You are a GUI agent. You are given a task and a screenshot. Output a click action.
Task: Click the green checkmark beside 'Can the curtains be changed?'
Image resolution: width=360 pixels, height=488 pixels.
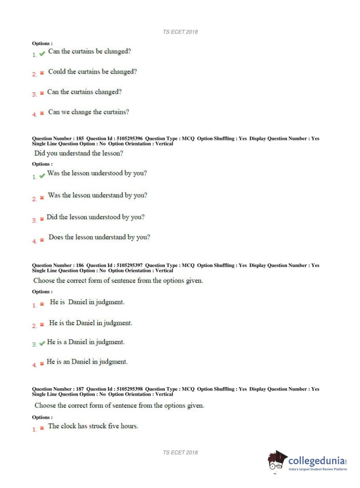(x=42, y=54)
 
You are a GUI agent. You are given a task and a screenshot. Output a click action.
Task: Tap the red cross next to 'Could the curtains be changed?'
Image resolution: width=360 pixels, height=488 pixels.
(x=42, y=73)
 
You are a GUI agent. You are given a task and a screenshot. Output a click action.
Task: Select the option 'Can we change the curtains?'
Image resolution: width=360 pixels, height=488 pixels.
(x=88, y=112)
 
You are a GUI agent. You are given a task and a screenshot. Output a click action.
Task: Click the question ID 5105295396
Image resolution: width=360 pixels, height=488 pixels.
(x=129, y=139)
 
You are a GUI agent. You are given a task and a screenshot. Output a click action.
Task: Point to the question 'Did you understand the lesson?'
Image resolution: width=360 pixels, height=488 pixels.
(x=79, y=153)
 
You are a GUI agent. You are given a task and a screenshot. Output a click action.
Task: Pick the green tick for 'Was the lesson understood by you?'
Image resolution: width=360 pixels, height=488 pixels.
(x=42, y=176)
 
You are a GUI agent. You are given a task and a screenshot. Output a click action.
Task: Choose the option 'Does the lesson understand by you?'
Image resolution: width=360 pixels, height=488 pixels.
(x=99, y=237)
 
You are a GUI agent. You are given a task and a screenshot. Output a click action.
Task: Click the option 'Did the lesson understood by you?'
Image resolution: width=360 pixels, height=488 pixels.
(x=96, y=217)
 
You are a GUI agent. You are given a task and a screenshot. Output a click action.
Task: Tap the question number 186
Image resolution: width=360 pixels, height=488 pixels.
(x=80, y=266)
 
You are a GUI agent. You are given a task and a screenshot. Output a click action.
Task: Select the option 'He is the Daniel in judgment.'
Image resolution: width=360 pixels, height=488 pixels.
(x=91, y=323)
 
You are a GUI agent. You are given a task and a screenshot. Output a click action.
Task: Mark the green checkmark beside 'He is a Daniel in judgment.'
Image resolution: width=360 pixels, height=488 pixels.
(x=42, y=343)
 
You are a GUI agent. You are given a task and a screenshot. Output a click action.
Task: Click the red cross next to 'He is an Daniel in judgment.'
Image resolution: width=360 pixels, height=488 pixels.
(x=42, y=364)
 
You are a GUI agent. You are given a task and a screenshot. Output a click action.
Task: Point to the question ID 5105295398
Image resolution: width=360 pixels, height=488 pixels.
(x=129, y=389)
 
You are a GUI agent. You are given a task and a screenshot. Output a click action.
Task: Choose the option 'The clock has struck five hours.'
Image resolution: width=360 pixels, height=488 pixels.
(x=93, y=426)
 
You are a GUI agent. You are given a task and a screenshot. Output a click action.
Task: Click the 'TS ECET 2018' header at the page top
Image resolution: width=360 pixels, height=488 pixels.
(x=180, y=32)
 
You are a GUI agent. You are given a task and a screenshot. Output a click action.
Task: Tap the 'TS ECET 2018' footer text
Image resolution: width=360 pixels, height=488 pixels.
(x=180, y=453)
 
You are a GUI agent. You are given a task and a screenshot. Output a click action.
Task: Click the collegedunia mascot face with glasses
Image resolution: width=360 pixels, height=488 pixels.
(x=276, y=462)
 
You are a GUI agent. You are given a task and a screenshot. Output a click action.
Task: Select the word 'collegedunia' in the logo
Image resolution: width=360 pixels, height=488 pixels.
(x=316, y=461)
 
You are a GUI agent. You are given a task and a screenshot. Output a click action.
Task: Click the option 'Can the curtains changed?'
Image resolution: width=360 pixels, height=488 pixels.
(x=85, y=92)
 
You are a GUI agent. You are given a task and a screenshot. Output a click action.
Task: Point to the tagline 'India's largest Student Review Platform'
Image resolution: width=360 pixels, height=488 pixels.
(x=318, y=469)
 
